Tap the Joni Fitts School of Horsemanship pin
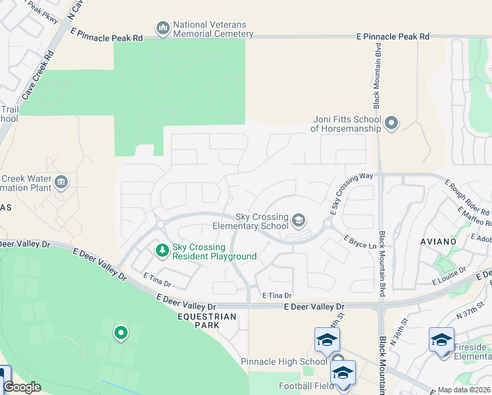point(391,123)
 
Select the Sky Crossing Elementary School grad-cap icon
point(299,221)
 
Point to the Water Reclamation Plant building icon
point(61,182)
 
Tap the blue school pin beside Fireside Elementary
point(441,340)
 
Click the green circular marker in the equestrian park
point(120,333)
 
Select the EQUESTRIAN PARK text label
point(202,317)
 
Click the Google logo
point(22,387)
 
